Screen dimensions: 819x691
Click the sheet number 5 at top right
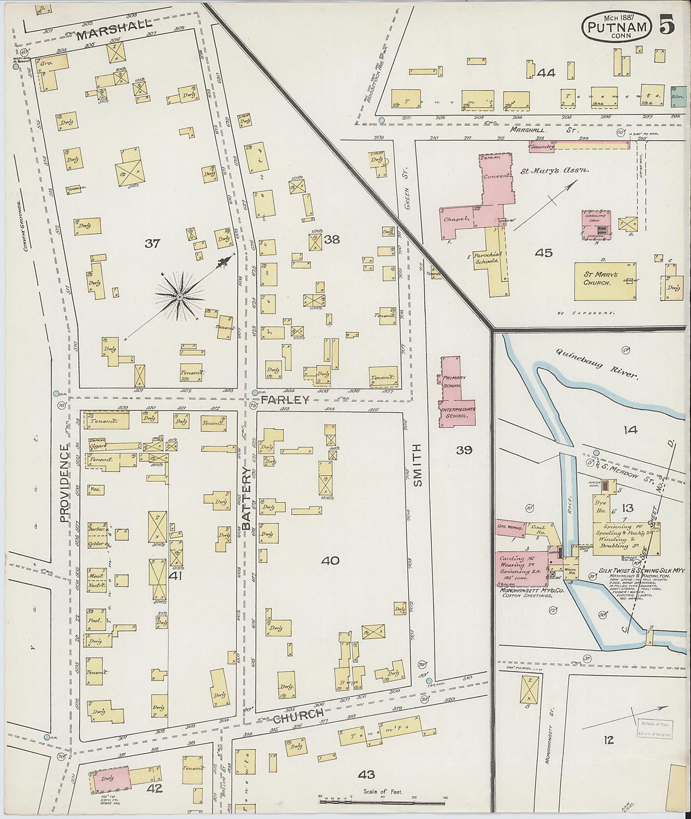(x=668, y=24)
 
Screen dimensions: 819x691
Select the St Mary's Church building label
(x=597, y=279)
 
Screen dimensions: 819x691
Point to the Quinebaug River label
(x=597, y=363)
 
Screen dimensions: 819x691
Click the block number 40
(x=331, y=560)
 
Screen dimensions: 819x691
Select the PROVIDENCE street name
(x=64, y=482)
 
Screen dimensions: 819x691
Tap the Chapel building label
(x=456, y=219)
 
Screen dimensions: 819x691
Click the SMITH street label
(x=418, y=465)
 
